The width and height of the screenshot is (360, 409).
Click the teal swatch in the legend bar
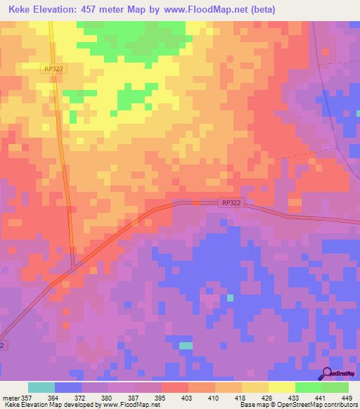coord(41,387)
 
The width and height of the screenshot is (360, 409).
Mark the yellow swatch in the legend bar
coord(282,387)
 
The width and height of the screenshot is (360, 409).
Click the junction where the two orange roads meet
coord(74,266)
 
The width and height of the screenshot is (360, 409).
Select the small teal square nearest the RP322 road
coord(230,298)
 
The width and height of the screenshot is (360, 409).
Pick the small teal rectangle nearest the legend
coord(186,345)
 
